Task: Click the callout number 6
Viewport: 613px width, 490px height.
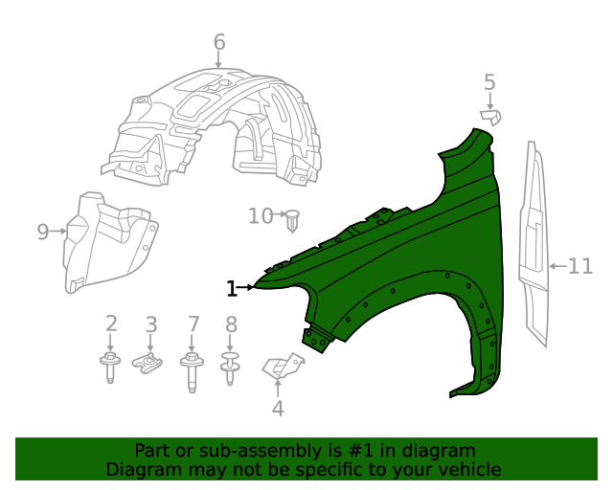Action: (219, 42)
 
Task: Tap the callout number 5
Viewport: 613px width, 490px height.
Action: (489, 83)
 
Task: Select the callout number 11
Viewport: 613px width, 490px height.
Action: (580, 266)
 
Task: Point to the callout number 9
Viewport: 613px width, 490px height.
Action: (43, 232)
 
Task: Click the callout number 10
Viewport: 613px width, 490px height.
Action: (261, 215)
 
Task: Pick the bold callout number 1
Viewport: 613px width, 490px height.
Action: (232, 289)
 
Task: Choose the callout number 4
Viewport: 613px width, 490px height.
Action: (278, 409)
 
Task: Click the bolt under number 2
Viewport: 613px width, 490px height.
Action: (110, 367)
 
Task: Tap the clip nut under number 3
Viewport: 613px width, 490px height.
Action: (148, 363)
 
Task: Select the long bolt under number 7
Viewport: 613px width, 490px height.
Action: (192, 371)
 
